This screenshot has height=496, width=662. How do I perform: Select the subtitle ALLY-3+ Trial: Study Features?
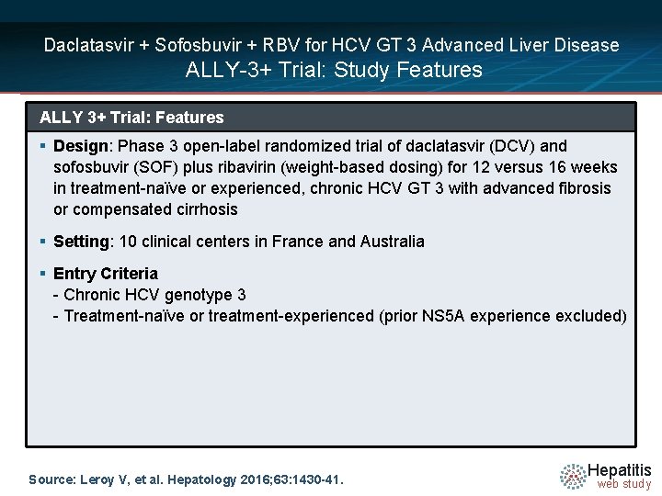coord(334,70)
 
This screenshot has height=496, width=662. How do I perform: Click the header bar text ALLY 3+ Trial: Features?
coord(131,118)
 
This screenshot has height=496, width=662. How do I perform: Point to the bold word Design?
coord(81,146)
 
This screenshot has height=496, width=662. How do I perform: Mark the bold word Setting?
coord(81,242)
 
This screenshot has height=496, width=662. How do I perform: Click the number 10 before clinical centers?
coord(129,242)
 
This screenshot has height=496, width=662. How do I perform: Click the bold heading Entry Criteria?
coord(106,274)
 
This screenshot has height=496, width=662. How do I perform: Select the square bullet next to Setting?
coord(43,242)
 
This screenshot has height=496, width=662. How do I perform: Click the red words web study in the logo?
coord(623,484)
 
